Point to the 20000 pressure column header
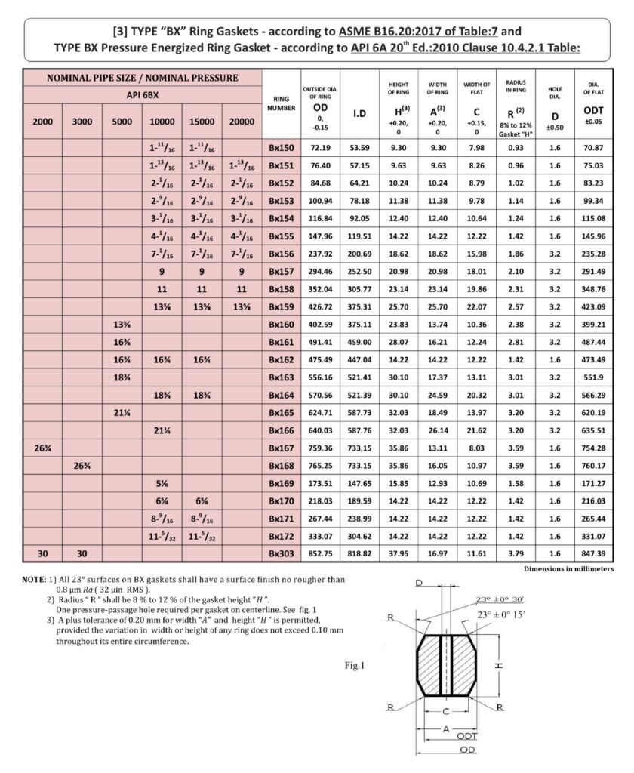(241, 121)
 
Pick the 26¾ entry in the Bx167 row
(44, 448)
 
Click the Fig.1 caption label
(353, 666)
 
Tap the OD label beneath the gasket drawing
(469, 750)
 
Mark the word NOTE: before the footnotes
(34, 579)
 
